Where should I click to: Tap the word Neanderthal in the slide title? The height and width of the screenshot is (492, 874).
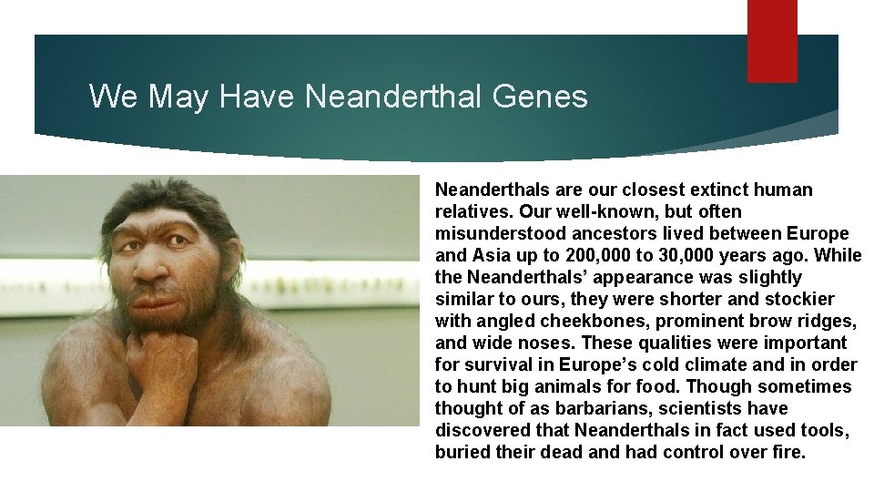pos(396,96)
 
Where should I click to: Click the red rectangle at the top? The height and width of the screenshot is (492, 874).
pos(772,40)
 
